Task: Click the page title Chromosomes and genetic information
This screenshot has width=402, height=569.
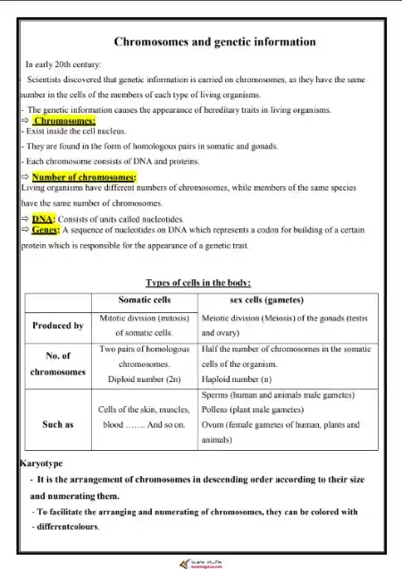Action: pyautogui.click(x=215, y=41)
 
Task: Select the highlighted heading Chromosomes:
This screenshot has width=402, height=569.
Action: pyautogui.click(x=64, y=121)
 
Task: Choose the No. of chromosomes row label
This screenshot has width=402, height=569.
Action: pyautogui.click(x=58, y=364)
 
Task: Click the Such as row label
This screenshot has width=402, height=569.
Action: pyautogui.click(x=58, y=424)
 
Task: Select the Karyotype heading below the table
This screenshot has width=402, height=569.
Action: pyautogui.click(x=42, y=463)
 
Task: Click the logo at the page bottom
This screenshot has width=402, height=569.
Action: pyautogui.click(x=200, y=562)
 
